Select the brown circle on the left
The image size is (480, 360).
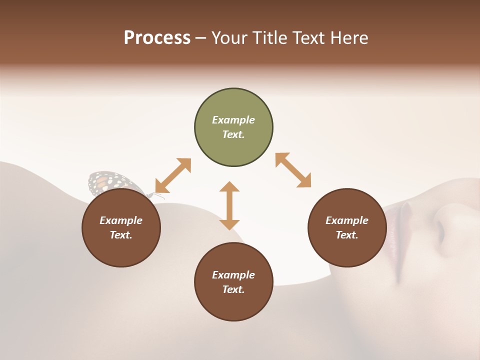tap(121, 227)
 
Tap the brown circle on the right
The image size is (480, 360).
tap(347, 227)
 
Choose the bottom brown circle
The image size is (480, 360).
tap(233, 282)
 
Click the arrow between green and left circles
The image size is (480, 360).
tap(173, 175)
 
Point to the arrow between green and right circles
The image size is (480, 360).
tap(293, 170)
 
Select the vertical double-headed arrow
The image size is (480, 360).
tap(229, 205)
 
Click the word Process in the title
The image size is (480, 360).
tap(157, 38)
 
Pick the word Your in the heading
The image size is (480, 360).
tap(229, 38)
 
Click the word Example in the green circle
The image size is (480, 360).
tap(233, 120)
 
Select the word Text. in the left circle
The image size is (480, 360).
tap(121, 235)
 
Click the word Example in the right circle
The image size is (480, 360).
tap(347, 220)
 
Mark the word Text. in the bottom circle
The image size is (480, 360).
tap(233, 289)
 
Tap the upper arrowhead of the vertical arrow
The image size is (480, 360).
tap(229, 187)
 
